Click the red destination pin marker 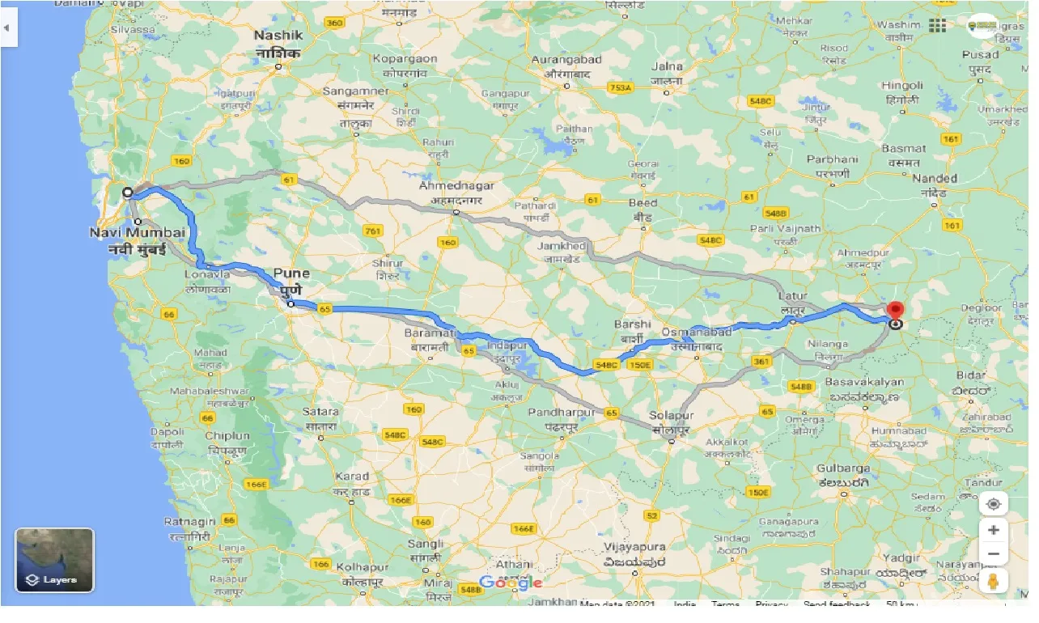[x=895, y=310]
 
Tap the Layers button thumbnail [x=54, y=560]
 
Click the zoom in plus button [x=994, y=530]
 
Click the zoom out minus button [x=994, y=554]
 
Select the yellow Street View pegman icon [x=994, y=581]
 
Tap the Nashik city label [x=278, y=36]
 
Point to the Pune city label [x=291, y=273]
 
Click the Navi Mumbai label [x=138, y=232]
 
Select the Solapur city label [x=670, y=415]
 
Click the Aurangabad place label [x=566, y=60]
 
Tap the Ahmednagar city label [x=456, y=186]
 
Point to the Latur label [x=792, y=297]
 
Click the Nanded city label [x=934, y=178]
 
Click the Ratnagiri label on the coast [x=189, y=522]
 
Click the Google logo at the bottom [x=510, y=583]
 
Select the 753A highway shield [x=620, y=87]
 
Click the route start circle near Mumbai [x=127, y=193]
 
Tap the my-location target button [x=994, y=503]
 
